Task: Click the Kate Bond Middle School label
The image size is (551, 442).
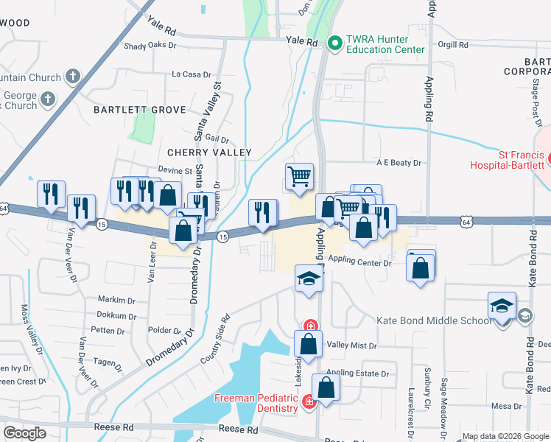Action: (x=433, y=320)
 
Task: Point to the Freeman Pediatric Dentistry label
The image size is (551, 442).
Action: (x=256, y=404)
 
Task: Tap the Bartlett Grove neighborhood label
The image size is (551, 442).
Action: (x=139, y=110)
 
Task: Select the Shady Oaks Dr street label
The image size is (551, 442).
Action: (x=151, y=45)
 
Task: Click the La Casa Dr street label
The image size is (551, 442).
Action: (x=191, y=74)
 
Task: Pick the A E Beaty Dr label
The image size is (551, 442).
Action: (x=399, y=163)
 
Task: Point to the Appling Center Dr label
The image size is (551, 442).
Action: (x=358, y=259)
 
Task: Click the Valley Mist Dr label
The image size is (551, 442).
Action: (x=351, y=345)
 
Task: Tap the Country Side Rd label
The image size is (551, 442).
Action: (x=215, y=340)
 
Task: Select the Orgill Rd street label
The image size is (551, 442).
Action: (x=452, y=45)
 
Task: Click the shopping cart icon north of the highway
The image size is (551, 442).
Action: (x=299, y=177)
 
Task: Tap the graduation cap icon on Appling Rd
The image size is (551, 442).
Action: (x=309, y=278)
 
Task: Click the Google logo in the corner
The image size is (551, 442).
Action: (x=25, y=433)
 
